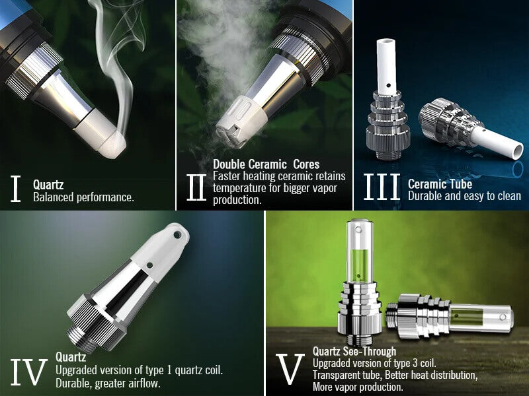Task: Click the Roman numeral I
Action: click(15, 189)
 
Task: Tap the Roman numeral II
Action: click(196, 187)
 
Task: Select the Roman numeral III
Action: click(382, 187)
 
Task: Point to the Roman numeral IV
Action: click(28, 372)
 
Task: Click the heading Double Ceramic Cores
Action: click(266, 164)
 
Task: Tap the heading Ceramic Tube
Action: click(440, 184)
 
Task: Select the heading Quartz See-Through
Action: click(354, 351)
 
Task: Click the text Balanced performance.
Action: click(83, 197)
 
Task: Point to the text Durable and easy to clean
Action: click(465, 195)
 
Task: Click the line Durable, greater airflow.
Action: click(108, 383)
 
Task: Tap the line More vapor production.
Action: click(358, 387)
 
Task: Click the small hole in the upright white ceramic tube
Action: click(389, 85)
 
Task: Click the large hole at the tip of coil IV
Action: click(177, 235)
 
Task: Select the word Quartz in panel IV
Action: click(71, 357)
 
